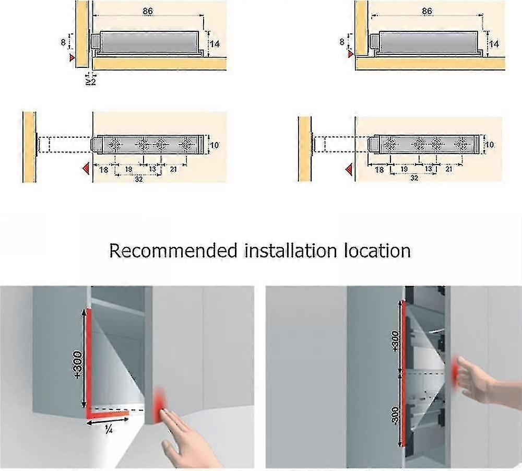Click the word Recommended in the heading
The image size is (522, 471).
pos(172,251)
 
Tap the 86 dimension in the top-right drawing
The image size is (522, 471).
pos(427,10)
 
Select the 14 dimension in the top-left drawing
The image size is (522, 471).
pos(215,44)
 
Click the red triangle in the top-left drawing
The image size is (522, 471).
pos(73,58)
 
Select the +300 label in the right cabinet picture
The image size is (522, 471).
pos(396,342)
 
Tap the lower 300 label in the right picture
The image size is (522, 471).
pos(396,415)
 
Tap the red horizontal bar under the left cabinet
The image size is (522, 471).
pos(108,415)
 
